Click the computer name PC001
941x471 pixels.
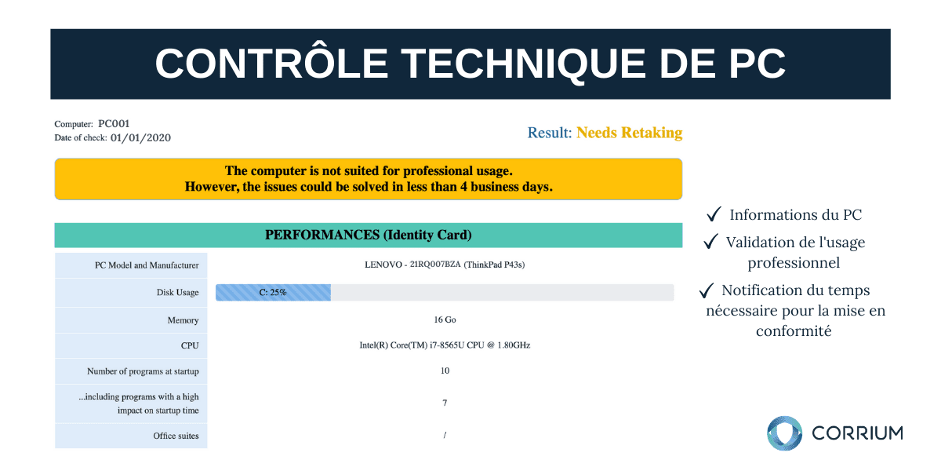114,124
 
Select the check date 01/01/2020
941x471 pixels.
140,138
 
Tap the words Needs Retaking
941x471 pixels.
629,133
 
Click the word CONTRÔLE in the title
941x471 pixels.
271,63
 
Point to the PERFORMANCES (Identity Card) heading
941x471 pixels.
369,235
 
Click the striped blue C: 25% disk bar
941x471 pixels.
273,292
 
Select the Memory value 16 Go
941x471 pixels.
445,319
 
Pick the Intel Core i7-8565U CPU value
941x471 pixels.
445,345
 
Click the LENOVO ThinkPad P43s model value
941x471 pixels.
445,265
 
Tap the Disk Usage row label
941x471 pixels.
178,292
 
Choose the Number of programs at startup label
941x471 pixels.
143,371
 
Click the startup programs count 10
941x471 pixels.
445,371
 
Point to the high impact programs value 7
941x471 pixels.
445,403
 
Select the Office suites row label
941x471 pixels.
176,436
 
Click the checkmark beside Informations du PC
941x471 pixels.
714,214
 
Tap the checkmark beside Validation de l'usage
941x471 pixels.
710,242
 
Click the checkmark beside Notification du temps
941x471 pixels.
707,290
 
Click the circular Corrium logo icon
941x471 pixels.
784,433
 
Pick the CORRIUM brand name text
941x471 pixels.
857,433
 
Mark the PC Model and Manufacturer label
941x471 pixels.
147,265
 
